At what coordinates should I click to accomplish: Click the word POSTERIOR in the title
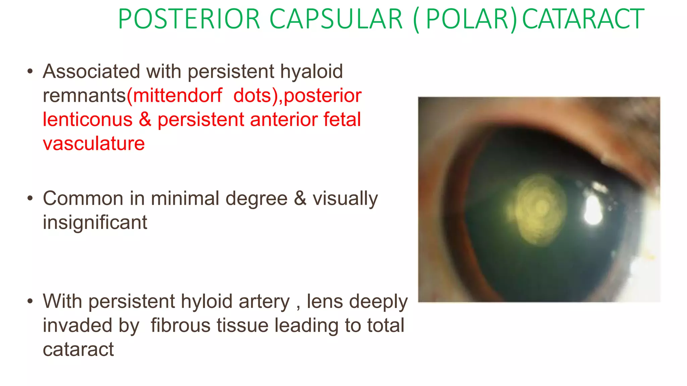(x=189, y=19)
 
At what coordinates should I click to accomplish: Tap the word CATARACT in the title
(x=583, y=19)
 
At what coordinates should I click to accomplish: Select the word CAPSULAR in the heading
(x=336, y=19)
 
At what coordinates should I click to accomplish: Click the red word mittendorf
(x=177, y=95)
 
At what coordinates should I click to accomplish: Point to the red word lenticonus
(x=88, y=120)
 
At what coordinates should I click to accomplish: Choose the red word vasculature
(x=94, y=144)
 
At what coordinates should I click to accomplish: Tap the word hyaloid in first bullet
(x=311, y=71)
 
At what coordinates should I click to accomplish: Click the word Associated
(x=91, y=71)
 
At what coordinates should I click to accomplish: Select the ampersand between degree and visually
(x=300, y=198)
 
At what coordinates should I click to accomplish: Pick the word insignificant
(x=95, y=222)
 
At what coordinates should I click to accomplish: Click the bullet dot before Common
(x=30, y=198)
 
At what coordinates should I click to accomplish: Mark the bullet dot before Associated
(x=30, y=71)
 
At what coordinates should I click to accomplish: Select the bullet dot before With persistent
(x=30, y=301)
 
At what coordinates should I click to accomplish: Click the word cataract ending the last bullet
(x=78, y=349)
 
